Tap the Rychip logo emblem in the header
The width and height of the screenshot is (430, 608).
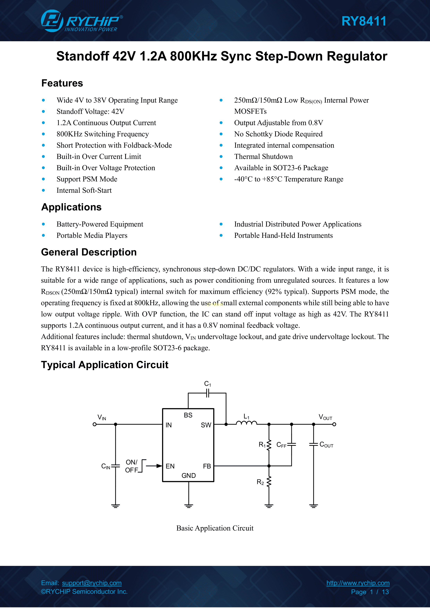[52, 21]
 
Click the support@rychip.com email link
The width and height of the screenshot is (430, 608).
[92, 583]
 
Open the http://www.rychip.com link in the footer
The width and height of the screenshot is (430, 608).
[358, 583]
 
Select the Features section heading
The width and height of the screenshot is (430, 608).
[62, 83]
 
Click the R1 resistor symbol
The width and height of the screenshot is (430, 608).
[269, 445]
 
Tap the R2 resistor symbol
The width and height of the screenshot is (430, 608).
[269, 482]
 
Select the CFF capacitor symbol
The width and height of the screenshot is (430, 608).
[291, 445]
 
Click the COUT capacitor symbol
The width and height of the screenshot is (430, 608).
[313, 445]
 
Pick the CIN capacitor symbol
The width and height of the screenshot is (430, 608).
[115, 466]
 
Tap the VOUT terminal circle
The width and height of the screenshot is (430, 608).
[334, 424]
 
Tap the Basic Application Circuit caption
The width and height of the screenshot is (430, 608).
[215, 528]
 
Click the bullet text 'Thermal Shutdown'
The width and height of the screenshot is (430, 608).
[263, 157]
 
